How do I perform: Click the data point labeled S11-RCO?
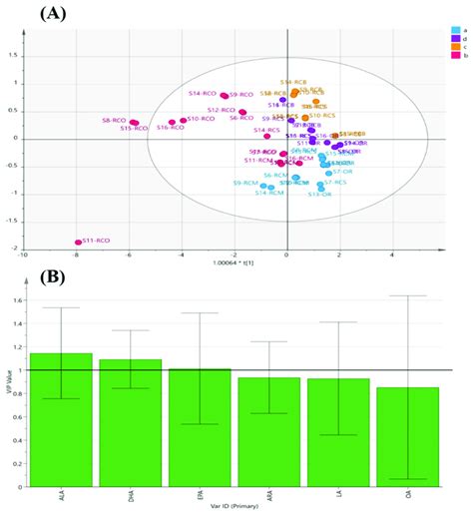click(x=78, y=242)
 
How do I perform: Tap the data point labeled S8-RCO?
click(x=134, y=123)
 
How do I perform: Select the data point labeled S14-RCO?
click(x=225, y=96)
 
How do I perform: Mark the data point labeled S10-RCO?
click(x=184, y=121)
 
